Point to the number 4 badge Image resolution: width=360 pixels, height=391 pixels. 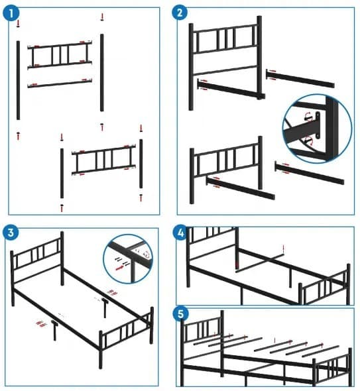tap(180, 232)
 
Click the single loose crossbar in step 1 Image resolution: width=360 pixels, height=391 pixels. tap(60, 84)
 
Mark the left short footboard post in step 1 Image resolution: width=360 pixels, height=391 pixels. tap(62, 173)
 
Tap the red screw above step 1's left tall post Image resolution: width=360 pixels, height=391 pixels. tap(19, 24)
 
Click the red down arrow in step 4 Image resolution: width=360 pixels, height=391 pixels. tap(283, 249)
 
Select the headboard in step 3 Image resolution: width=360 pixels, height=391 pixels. tap(37, 262)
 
